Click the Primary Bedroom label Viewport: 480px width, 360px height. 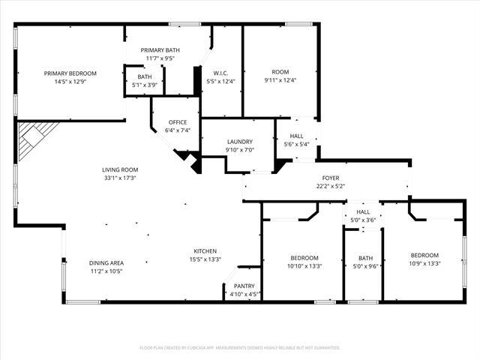(x=70, y=73)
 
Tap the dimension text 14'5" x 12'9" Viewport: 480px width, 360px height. (x=70, y=82)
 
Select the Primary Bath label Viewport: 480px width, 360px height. (x=160, y=50)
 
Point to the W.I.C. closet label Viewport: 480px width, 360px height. (x=220, y=73)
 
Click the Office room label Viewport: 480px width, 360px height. (x=178, y=122)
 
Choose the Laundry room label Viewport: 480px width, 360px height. (x=240, y=142)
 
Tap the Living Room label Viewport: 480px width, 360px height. (x=120, y=170)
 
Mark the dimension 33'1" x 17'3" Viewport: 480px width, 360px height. (x=120, y=178)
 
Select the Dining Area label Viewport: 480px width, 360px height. (x=106, y=263)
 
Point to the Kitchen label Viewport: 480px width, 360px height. (x=205, y=251)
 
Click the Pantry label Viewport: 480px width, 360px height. (x=244, y=286)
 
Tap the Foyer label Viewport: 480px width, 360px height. (x=331, y=178)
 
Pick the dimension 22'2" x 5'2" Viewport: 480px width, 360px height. (x=331, y=186)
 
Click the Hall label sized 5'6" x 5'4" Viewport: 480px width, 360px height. (x=297, y=136)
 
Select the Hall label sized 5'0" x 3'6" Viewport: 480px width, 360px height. (x=363, y=211)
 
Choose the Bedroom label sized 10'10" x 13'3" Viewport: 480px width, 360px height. (x=304, y=258)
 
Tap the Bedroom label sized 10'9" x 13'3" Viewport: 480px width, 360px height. (x=424, y=255)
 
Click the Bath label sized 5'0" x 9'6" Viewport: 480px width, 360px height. (x=365, y=258)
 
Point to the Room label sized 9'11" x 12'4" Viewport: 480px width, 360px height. (x=280, y=72)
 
